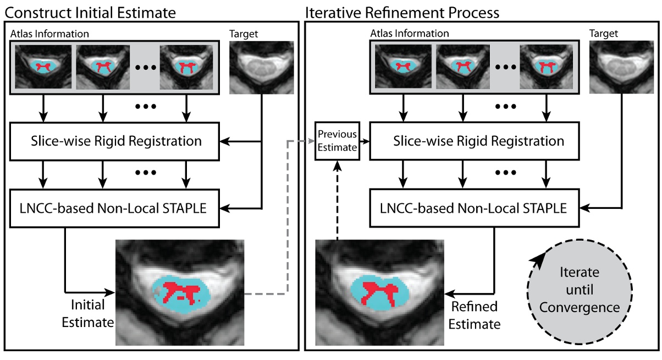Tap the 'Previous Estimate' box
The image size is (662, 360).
[337, 141]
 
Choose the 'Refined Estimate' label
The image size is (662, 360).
[474, 315]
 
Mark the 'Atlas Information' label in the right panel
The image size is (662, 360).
[410, 34]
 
